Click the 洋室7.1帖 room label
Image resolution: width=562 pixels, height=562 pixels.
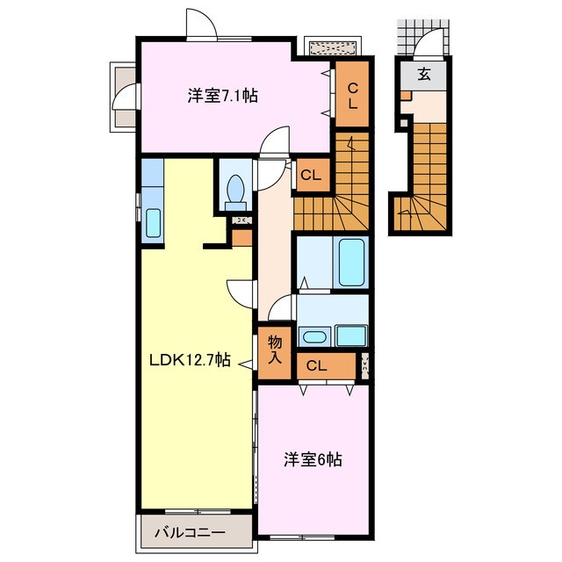click(x=221, y=96)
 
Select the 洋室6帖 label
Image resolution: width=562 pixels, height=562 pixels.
click(x=312, y=458)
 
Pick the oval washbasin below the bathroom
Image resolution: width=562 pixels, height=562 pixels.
click(x=313, y=336)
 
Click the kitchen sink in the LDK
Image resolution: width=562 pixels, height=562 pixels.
click(x=152, y=223)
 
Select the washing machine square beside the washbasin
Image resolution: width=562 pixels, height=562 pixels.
click(x=352, y=335)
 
